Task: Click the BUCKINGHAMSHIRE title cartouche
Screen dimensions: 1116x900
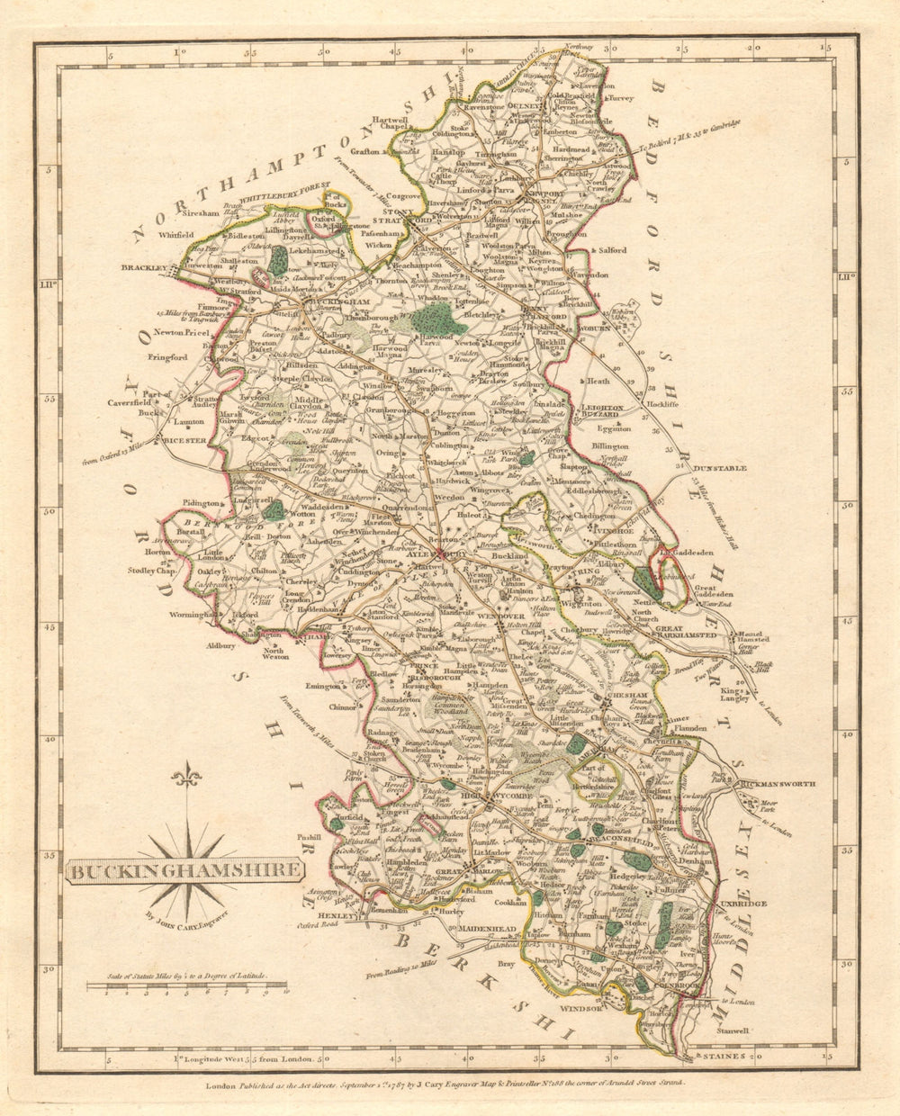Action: click(x=184, y=870)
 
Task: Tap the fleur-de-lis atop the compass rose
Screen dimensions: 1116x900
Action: click(x=186, y=774)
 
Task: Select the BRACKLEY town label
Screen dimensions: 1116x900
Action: click(x=145, y=267)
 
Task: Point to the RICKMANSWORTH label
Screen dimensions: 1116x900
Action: click(x=778, y=785)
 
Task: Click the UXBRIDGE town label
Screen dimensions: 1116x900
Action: click(x=742, y=903)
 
